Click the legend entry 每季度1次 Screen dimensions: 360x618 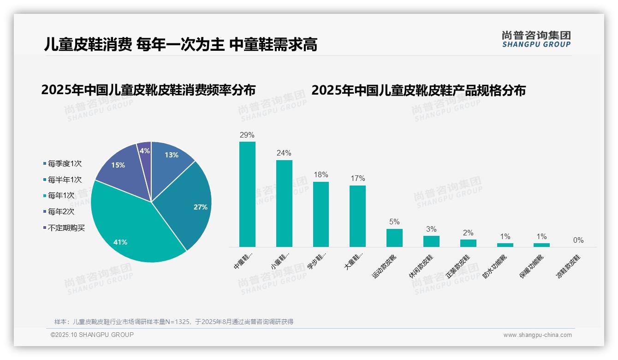(65, 163)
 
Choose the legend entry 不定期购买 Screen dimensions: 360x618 (66, 228)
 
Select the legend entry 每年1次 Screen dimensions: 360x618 (61, 196)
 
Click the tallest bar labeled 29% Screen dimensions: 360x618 (247, 194)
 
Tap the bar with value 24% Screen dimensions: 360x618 (284, 203)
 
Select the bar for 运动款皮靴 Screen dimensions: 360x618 (394, 238)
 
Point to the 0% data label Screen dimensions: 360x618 (578, 240)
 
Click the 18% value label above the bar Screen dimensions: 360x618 (321, 174)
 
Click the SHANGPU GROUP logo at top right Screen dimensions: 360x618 (536, 39)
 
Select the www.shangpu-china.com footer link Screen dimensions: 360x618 (537, 335)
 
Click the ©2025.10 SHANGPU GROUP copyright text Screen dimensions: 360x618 (92, 335)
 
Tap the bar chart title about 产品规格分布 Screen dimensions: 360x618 (418, 90)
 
